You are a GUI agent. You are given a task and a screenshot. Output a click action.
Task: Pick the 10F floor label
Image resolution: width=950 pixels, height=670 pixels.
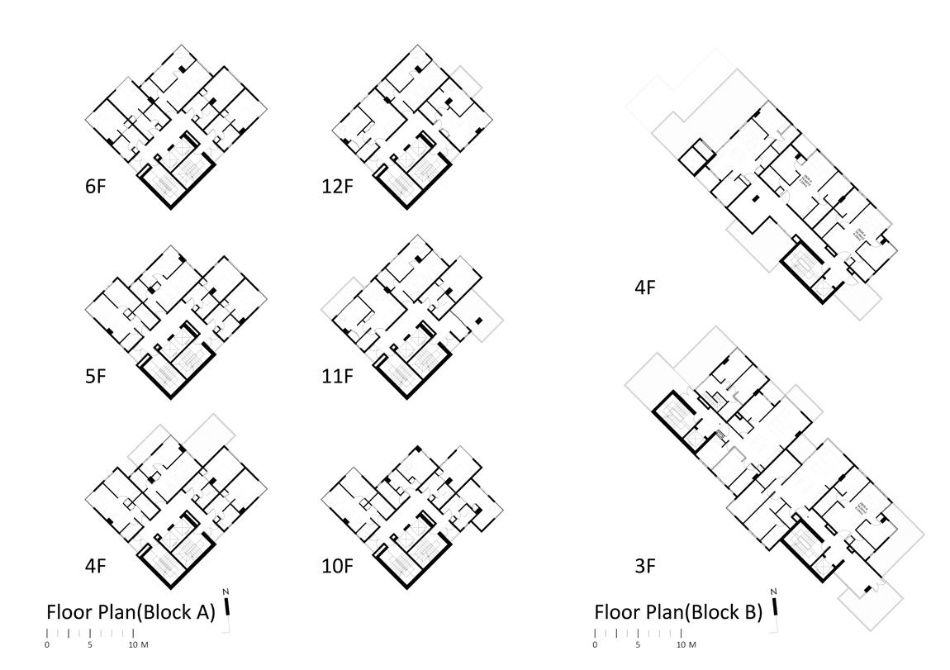point(337,568)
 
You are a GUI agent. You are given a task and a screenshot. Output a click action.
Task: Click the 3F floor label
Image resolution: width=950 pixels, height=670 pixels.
point(644,568)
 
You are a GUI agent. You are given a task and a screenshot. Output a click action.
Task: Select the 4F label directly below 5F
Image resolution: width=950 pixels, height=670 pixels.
point(96,568)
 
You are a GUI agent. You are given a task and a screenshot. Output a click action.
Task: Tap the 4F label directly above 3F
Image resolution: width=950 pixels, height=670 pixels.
point(644,288)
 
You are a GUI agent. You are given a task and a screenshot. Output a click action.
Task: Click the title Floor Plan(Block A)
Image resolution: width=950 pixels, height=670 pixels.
point(131,613)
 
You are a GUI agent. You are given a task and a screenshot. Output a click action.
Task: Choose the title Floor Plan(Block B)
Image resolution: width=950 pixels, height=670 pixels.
point(678,613)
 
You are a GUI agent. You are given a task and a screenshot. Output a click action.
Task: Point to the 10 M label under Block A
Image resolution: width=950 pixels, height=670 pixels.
point(138,644)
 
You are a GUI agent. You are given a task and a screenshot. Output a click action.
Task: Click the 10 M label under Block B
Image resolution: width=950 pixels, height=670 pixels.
point(686,644)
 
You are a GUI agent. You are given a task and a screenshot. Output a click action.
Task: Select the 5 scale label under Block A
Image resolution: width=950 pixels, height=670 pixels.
point(90,644)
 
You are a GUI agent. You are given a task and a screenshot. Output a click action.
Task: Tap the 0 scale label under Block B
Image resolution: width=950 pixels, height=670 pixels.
point(595,644)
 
